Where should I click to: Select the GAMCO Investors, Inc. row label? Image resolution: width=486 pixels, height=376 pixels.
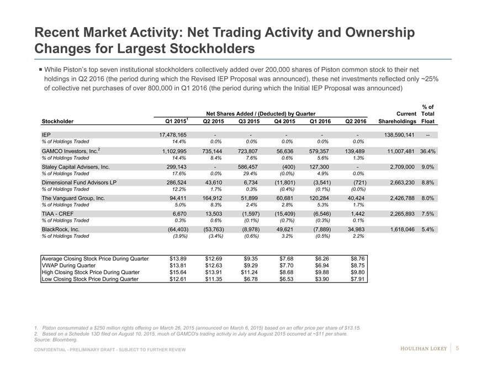[x=66, y=151]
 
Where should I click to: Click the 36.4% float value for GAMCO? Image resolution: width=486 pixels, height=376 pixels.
[x=429, y=151]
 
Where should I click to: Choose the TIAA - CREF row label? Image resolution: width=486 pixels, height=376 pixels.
[x=56, y=213]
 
